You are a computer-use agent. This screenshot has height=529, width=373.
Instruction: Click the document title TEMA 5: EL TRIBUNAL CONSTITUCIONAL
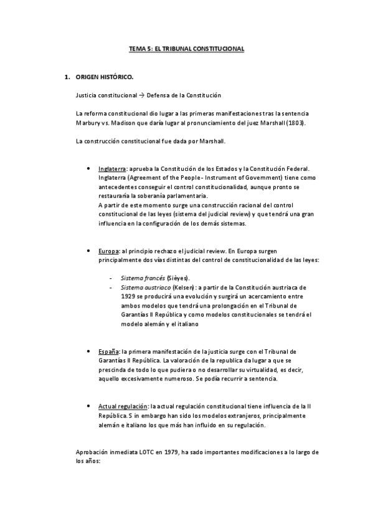186,48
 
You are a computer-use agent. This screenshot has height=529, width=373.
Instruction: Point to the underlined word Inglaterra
113,169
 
